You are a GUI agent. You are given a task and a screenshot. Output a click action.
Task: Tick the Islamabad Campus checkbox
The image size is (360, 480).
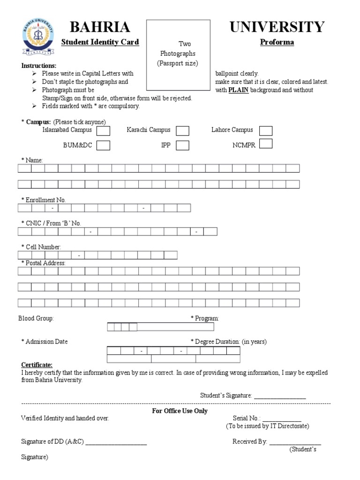coord(104,130)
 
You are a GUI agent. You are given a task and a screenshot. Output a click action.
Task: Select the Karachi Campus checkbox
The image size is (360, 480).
coord(183,130)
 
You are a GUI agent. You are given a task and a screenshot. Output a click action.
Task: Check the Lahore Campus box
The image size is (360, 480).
coord(266,130)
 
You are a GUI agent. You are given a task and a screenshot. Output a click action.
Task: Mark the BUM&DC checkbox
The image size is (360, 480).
coord(104,145)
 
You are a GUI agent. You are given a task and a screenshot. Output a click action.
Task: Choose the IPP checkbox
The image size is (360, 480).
coord(183,145)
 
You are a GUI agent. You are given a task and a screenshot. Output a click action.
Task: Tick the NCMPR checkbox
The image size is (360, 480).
coord(266,144)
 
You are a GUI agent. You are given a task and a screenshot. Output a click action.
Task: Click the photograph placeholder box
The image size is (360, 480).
coord(178,54)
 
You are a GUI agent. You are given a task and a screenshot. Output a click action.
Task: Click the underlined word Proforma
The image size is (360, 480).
coord(277,42)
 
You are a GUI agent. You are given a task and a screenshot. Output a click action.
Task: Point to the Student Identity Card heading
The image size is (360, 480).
coord(100,42)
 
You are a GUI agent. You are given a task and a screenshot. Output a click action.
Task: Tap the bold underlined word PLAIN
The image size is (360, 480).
coord(239,90)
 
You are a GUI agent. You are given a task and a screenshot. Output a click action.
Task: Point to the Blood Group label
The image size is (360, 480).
coord(36,318)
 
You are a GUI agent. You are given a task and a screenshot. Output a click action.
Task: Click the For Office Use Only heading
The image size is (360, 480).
coord(180,411)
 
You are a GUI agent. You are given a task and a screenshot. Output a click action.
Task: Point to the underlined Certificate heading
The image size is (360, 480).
coord(37,365)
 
